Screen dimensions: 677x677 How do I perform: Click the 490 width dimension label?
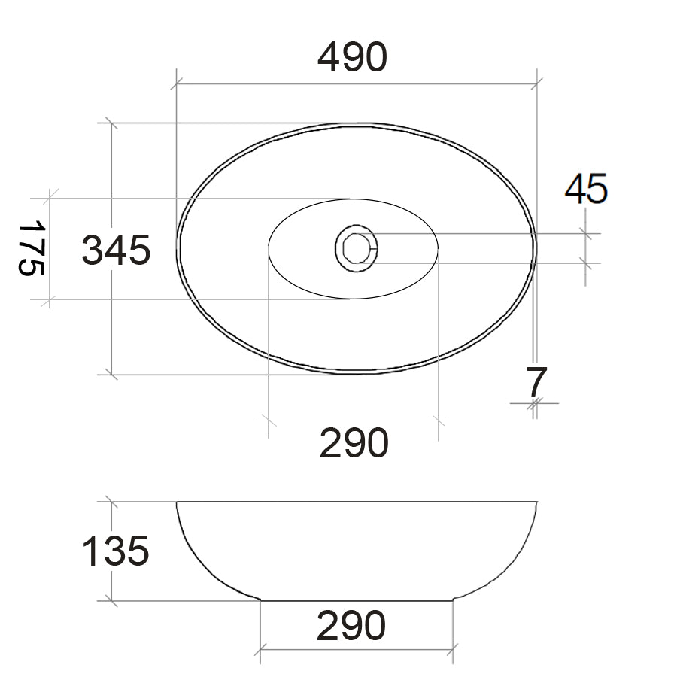coord(352,57)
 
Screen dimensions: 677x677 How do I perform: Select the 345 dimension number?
coord(116,250)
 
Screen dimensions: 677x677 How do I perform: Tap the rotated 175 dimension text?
coord(32,249)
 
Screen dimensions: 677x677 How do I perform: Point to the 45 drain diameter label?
coord(586,189)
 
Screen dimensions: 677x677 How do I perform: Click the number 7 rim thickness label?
coord(535,383)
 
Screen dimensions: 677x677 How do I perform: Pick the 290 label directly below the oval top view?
coord(354,443)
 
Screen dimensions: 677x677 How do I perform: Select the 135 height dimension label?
coord(115,552)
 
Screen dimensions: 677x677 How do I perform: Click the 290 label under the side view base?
coord(351,626)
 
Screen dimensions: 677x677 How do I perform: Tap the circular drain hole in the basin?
coord(356,247)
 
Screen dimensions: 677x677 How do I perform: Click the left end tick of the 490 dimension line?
coord(176,84)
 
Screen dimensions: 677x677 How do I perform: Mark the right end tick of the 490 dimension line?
coord(536,84)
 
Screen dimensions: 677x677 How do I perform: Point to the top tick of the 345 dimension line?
coord(111,123)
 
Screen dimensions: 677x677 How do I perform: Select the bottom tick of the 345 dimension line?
coord(111,374)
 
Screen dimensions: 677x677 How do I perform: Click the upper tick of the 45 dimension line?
coord(585,234)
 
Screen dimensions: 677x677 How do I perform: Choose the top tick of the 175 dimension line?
coord(49,198)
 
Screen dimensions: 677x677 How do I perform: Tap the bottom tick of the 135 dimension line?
coord(111,601)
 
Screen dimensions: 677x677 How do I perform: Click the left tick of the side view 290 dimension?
coord(260,649)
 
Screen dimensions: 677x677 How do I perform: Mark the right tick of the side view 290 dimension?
coord(454,649)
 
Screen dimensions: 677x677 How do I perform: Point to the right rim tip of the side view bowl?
coord(536,502)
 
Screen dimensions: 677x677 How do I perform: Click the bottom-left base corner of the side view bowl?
coord(261,600)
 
